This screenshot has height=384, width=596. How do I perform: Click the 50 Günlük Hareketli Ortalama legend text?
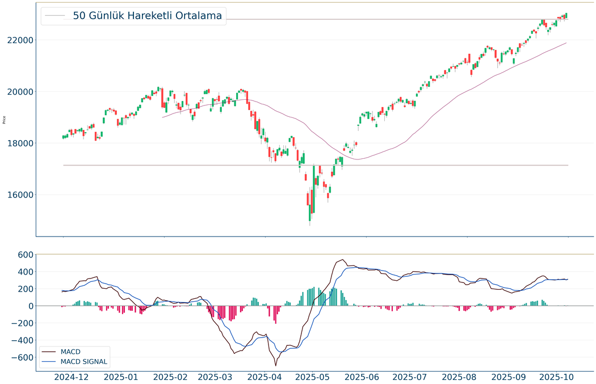click(148, 16)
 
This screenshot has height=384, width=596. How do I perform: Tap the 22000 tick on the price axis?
click(21, 40)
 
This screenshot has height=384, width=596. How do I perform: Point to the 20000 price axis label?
click(21, 92)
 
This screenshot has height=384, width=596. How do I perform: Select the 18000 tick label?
click(21, 144)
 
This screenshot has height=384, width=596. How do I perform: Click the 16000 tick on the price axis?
click(21, 195)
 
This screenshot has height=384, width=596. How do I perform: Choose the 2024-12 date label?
click(72, 377)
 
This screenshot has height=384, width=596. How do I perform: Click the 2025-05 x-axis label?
click(313, 377)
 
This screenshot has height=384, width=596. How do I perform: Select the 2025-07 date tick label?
click(409, 377)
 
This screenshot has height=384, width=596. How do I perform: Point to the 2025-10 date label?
click(557, 377)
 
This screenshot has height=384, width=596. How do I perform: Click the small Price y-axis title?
click(5, 120)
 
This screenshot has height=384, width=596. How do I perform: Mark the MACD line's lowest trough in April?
click(275, 365)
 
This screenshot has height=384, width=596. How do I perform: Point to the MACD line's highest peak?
click(343, 260)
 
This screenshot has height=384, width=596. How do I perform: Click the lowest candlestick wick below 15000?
click(310, 225)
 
